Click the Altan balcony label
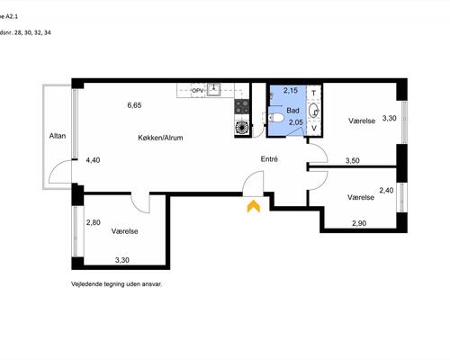(58, 136)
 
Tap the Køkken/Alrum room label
(160, 138)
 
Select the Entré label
(269, 159)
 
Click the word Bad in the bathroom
(292, 111)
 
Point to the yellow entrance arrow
(254, 206)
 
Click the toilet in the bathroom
(275, 118)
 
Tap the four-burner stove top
(242, 107)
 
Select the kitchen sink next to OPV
(213, 89)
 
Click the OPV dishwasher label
(198, 91)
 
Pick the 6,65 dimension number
(134, 105)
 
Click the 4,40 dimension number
(93, 160)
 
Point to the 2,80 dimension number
(94, 222)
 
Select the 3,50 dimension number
(353, 160)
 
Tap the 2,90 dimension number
(359, 223)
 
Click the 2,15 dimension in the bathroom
(291, 90)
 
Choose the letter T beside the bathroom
(314, 94)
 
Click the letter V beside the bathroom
(314, 128)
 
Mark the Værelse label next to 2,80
(124, 231)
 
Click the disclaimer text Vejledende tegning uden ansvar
(116, 284)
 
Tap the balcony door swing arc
(56, 166)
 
